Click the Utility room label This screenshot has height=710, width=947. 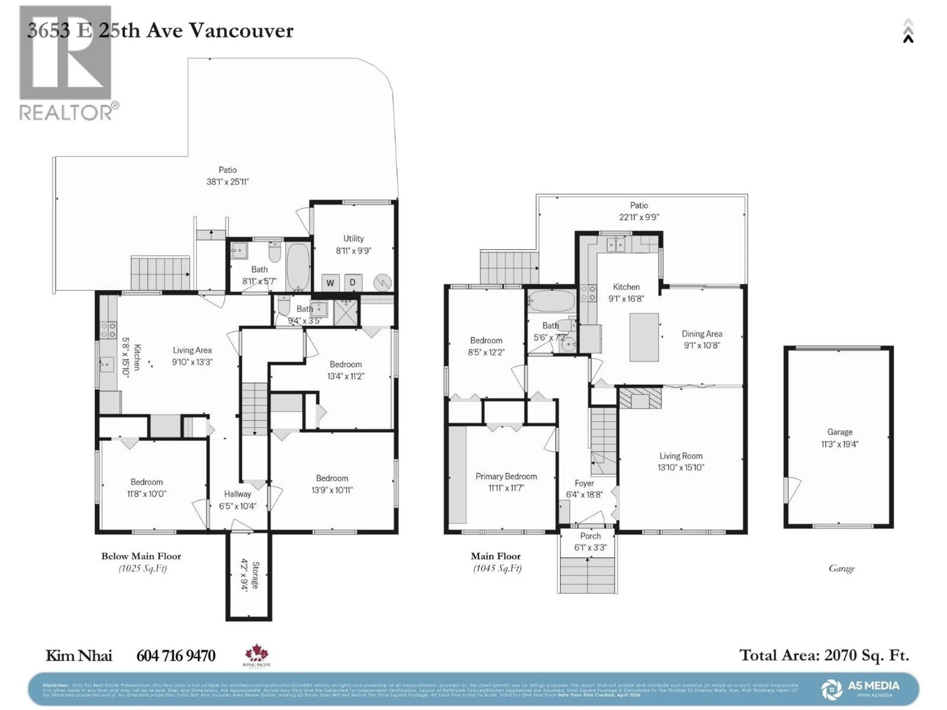[353, 238]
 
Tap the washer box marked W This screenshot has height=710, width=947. [330, 283]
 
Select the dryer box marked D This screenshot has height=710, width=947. [353, 283]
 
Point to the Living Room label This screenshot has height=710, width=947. [681, 456]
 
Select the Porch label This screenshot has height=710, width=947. [590, 536]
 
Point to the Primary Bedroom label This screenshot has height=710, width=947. [506, 476]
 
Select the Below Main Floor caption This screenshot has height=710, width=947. [141, 556]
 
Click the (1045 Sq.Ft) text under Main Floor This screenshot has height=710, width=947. [497, 568]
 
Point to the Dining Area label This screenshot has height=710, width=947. [702, 334]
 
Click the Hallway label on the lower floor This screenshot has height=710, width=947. [237, 494]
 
